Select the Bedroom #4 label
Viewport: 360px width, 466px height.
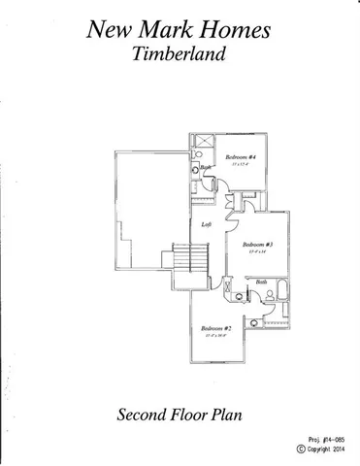(x=241, y=156)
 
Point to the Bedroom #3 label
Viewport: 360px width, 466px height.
(x=256, y=244)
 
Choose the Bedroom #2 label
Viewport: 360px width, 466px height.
(x=215, y=328)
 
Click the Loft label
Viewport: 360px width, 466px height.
(x=206, y=225)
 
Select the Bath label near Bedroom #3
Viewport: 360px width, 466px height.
(x=261, y=282)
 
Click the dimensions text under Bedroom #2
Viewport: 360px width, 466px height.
(x=215, y=336)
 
